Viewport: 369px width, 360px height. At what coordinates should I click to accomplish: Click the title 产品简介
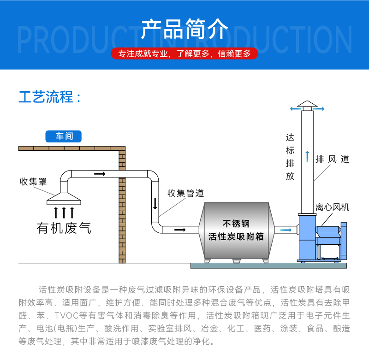coord(184,29)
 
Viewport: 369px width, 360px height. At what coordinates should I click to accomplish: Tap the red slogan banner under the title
coord(184,53)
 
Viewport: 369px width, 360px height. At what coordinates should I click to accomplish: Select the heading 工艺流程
coord(50,97)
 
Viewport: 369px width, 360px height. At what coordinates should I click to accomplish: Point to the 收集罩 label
coord(33,181)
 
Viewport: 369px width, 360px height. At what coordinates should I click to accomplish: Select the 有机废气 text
coord(64,228)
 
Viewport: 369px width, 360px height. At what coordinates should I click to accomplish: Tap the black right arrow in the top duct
coord(99,174)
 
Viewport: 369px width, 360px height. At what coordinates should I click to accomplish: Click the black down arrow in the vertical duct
coord(155,203)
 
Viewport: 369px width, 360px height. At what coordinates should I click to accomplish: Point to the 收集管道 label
coord(185,193)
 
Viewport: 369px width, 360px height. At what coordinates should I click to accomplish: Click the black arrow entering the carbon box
coord(180,230)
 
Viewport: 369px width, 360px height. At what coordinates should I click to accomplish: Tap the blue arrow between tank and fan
coord(286,230)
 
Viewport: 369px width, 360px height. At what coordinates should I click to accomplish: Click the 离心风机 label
coord(332,207)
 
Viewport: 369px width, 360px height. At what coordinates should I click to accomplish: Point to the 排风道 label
coord(332,159)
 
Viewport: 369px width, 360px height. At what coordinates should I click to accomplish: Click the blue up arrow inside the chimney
coord(306,156)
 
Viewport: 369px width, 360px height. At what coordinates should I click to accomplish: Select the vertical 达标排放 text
coord(290,157)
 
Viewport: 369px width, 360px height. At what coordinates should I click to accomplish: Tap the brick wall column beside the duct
coord(122,207)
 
